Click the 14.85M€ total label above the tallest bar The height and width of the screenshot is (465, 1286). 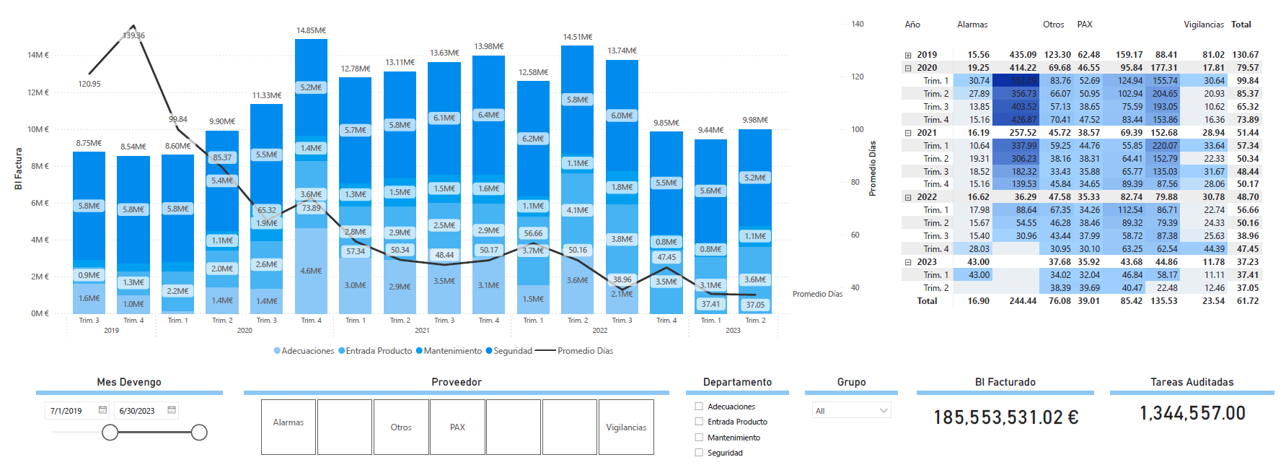(x=311, y=30)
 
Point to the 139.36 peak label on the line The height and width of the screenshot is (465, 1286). (x=133, y=35)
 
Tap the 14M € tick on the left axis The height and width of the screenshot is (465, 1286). (x=38, y=55)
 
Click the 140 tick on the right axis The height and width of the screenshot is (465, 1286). (x=857, y=24)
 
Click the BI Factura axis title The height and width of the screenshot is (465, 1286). (x=18, y=169)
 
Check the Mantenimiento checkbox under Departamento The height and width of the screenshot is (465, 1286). (x=699, y=438)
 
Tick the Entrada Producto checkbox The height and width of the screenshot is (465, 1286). (x=699, y=422)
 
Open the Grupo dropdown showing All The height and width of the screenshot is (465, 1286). (x=851, y=411)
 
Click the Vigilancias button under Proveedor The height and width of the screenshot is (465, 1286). (x=626, y=427)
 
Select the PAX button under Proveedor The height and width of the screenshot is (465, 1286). (x=457, y=427)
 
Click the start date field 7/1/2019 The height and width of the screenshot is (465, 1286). (x=66, y=411)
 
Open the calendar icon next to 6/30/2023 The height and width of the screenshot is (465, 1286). (x=172, y=410)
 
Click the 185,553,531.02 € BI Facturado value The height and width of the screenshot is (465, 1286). (x=1005, y=417)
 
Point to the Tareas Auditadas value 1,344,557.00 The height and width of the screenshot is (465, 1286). (x=1192, y=413)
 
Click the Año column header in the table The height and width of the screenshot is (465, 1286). (x=912, y=25)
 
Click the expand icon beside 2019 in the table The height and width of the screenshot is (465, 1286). (x=908, y=55)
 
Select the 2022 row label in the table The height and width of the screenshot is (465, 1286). (x=927, y=197)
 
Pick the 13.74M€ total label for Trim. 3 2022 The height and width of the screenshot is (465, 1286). (x=622, y=51)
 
